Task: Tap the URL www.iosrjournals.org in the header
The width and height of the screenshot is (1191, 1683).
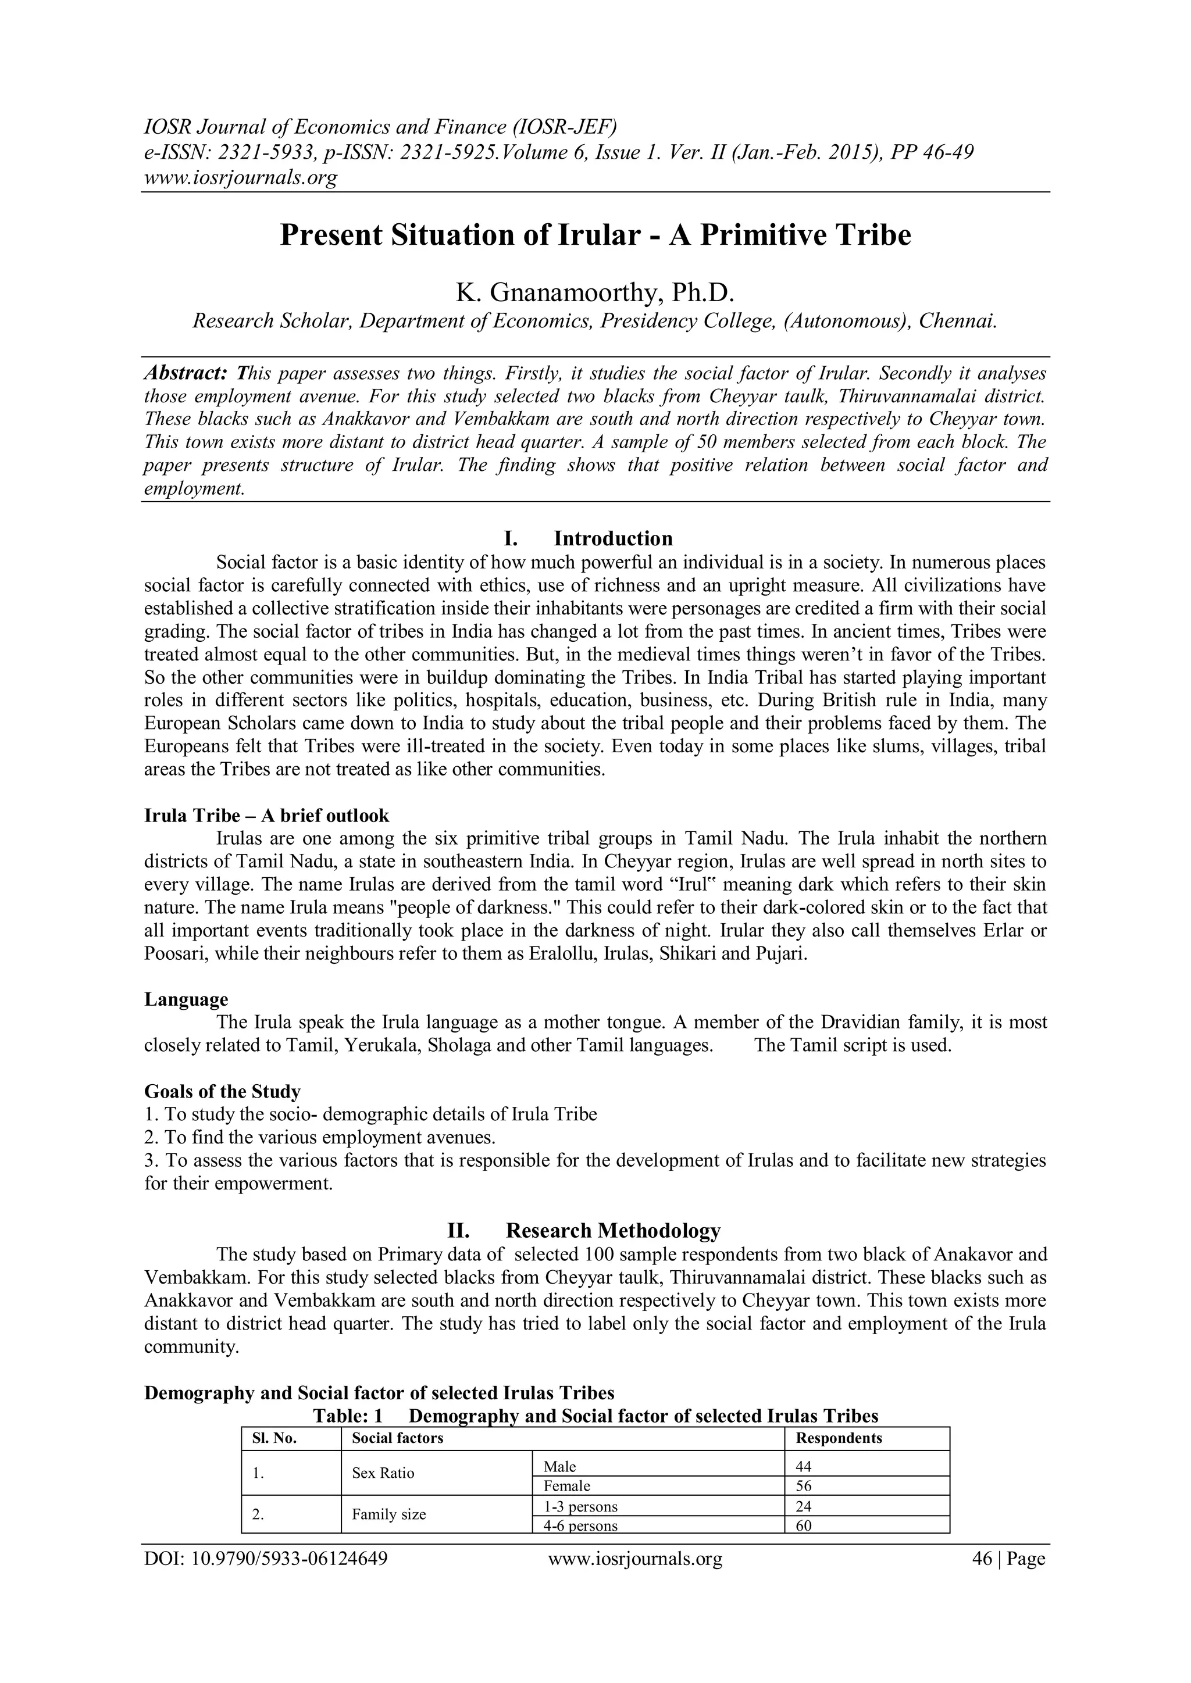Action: coord(241,177)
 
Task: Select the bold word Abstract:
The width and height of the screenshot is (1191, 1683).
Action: coord(186,373)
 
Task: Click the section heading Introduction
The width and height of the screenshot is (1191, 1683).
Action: coord(612,539)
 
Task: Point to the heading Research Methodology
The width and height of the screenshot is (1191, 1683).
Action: coord(612,1230)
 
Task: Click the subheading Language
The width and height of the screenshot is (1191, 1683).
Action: coord(186,999)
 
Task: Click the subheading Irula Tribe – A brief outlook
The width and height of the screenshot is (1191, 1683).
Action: coord(266,815)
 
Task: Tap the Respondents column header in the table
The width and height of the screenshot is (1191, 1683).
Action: coord(838,1438)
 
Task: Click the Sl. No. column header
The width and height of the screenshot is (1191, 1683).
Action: coord(274,1438)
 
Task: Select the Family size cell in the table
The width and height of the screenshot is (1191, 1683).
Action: coord(388,1514)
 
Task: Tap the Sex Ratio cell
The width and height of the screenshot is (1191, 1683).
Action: coord(383,1473)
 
